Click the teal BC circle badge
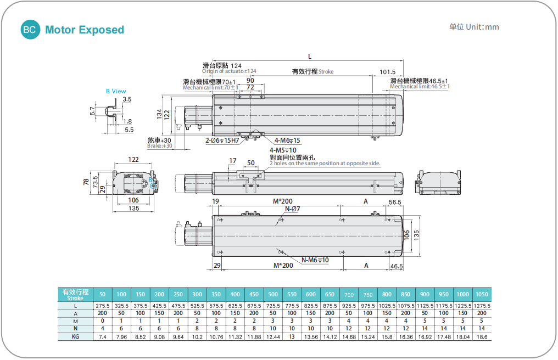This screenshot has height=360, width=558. [x=30, y=30]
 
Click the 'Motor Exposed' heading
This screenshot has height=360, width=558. [x=85, y=30]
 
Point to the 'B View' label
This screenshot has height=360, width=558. [x=116, y=91]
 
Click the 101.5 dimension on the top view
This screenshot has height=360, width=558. [x=387, y=72]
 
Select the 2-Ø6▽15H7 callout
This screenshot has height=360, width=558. [x=222, y=140]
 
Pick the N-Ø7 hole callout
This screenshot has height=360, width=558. [x=292, y=209]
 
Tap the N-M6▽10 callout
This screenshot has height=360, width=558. [x=315, y=260]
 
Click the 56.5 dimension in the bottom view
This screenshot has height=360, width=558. [x=395, y=203]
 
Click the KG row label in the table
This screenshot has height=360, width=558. [x=75, y=336]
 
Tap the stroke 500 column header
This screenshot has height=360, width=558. [x=272, y=294]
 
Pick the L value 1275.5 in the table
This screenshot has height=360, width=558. [x=482, y=306]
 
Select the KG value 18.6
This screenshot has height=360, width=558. [x=482, y=336]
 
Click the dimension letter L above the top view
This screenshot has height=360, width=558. [x=310, y=57]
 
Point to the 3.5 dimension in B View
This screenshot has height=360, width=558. [x=127, y=99]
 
